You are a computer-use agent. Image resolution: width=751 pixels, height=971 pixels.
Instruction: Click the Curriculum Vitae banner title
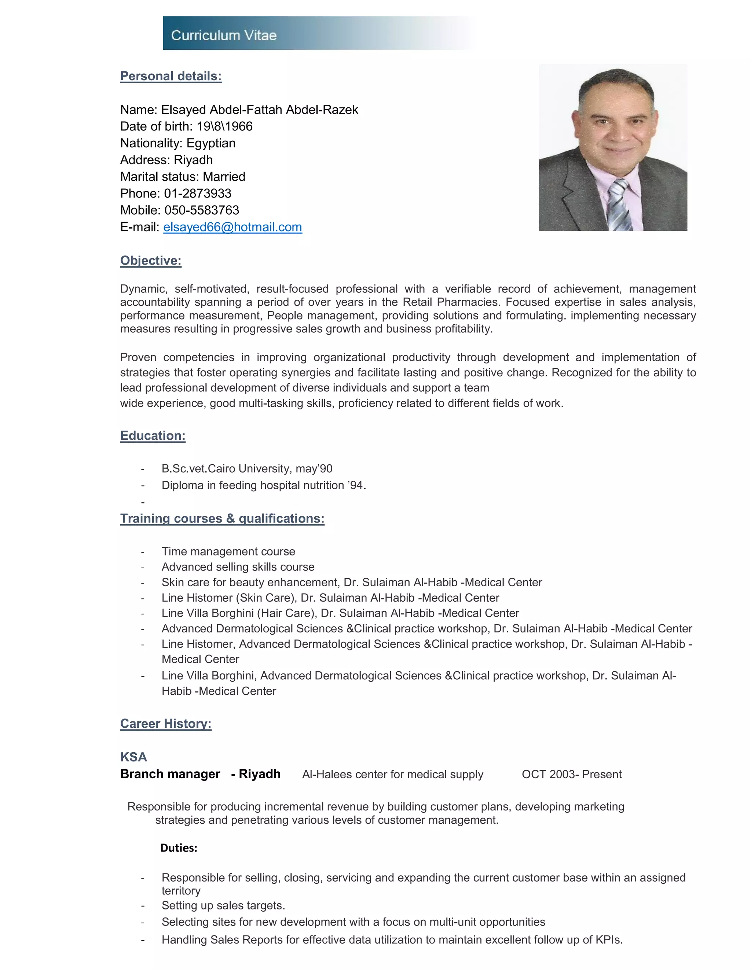coord(224,35)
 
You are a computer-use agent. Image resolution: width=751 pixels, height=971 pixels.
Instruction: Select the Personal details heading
coord(171,76)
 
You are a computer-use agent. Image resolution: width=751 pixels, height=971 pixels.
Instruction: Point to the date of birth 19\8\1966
coord(225,126)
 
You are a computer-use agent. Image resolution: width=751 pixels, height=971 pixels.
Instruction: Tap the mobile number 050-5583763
coord(202,210)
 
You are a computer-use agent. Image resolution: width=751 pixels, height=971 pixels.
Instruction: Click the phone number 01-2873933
coord(198,193)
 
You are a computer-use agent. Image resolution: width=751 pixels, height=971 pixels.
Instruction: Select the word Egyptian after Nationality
coord(211,143)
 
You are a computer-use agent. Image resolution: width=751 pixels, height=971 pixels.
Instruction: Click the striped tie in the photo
coord(621,204)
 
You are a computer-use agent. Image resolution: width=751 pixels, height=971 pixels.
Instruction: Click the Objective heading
coord(151,261)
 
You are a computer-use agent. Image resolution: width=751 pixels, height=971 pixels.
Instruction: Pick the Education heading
coord(153,436)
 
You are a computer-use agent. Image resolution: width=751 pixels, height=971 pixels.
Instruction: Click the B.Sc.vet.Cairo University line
coord(247,469)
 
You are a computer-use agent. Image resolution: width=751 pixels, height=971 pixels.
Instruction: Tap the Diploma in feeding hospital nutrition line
coord(263,485)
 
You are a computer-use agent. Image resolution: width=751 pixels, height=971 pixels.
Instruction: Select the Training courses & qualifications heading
coord(222,518)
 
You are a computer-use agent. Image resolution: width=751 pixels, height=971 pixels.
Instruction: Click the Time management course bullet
coord(228,551)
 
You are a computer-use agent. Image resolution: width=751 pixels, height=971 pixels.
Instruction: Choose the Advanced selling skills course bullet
coord(238,567)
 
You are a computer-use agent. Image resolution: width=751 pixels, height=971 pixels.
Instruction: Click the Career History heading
coord(165,723)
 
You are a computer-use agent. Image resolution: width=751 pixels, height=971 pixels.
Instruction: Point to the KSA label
coord(133,757)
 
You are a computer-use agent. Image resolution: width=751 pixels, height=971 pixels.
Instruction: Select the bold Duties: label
coord(179,848)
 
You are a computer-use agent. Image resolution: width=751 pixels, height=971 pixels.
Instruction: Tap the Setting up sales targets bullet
coord(223,906)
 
